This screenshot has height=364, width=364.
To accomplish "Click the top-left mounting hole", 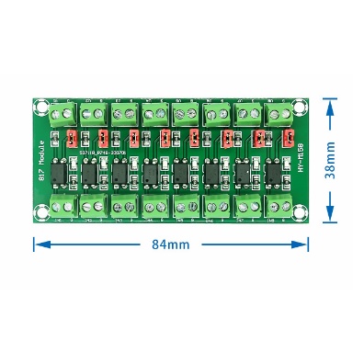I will point(42,100).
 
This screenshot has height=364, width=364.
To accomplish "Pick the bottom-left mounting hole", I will point(42,213).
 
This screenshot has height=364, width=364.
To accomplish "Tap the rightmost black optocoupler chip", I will point(274,172).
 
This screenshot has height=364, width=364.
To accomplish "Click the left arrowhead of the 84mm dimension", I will point(39,245).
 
